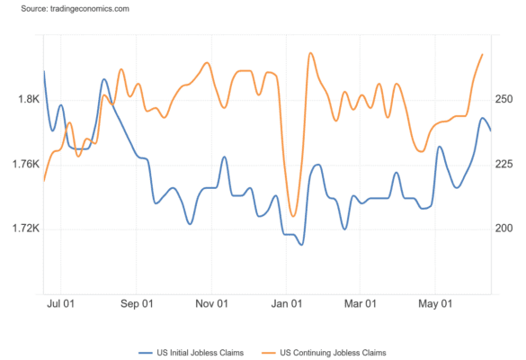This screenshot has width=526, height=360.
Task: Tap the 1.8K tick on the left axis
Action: [29, 99]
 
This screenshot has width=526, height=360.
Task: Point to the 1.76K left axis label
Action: [26, 164]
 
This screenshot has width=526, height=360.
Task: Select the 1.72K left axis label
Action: [26, 229]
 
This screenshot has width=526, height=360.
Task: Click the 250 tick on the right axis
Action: [504, 99]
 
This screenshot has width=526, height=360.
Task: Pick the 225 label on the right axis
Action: [504, 164]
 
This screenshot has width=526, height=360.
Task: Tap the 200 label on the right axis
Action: [504, 229]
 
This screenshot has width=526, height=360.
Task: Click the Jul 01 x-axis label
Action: [60, 304]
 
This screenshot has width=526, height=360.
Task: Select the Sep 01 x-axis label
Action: [137, 304]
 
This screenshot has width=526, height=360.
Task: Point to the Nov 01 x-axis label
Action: [211, 304]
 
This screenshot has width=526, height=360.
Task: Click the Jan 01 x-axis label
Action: [287, 304]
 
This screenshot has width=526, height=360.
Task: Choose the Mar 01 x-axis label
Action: [361, 304]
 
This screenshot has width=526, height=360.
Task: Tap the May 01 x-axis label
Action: [435, 304]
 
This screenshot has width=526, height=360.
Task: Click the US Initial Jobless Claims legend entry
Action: [192, 353]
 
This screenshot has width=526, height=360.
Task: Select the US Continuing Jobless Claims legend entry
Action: [324, 353]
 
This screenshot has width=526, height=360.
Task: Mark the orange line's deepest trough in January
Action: [293, 216]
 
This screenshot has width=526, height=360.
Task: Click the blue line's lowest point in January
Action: [301, 245]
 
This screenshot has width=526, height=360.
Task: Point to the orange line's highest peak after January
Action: [310, 53]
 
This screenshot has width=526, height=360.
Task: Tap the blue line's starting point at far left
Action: [44, 71]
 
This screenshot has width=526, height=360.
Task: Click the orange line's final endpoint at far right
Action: [482, 54]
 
